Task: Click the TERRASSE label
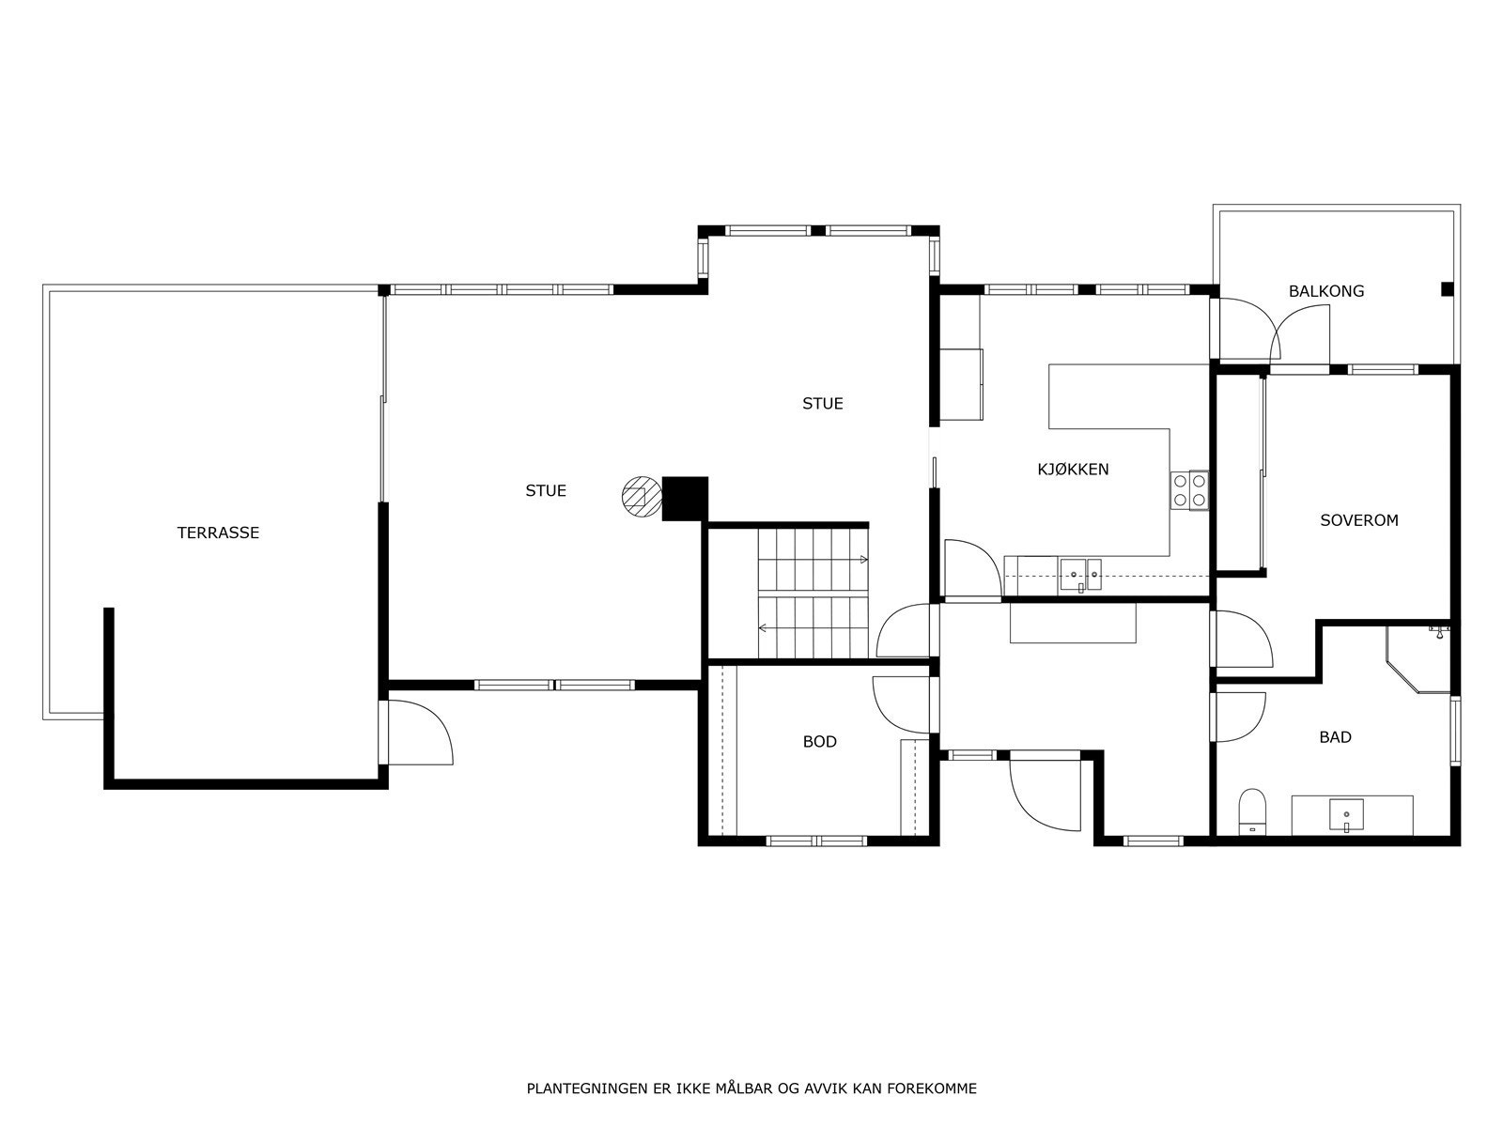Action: coord(218,533)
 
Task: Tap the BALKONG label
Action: coord(1325,291)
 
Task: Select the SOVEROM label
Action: coord(1358,519)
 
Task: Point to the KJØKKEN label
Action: coord(1073,469)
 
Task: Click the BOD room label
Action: coord(819,742)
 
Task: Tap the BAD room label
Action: coord(1335,737)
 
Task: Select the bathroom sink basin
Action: coord(1346,814)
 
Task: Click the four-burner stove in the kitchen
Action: coord(1188,490)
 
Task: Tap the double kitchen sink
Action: coord(1080,573)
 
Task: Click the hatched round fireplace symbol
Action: coord(641,496)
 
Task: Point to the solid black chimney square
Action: coord(685,498)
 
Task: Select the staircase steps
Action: coord(813,594)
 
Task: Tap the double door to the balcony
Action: coord(1273,330)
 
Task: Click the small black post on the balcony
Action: coord(1447,289)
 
